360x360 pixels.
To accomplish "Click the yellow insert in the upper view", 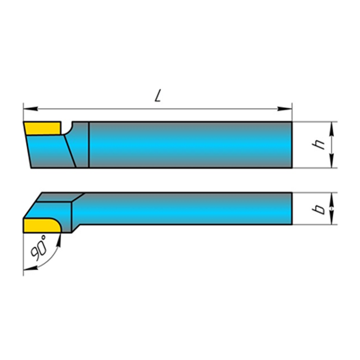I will pos(43,128).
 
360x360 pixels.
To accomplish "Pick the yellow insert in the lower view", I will pos(41,225).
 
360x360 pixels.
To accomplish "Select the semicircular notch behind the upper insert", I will pos(67,128).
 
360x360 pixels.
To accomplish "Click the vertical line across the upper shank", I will pos(89,145).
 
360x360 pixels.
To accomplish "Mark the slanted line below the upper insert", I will pos(70,151).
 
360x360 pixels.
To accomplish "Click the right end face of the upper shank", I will pos(292,145).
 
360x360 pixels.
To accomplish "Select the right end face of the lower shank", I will pos(292,209).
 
